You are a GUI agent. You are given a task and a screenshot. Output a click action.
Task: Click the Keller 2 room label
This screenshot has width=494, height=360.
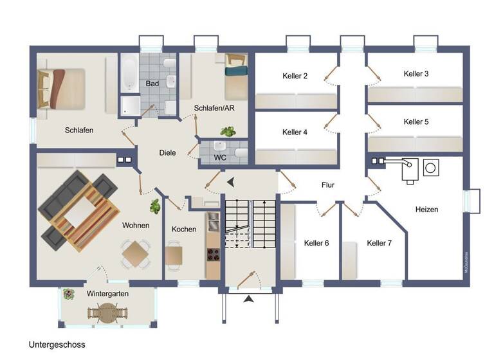pos(295,76)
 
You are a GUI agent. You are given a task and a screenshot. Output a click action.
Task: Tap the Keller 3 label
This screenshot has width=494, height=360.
pos(416,74)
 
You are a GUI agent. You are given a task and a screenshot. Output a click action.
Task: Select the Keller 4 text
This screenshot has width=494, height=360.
pos(295,132)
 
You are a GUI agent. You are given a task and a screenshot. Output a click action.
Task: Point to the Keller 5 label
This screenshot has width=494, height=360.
pos(416,122)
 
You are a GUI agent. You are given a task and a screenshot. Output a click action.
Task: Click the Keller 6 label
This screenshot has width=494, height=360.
pos(316,243)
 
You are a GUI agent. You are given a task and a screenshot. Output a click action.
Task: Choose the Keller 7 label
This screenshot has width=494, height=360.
pos(379,243)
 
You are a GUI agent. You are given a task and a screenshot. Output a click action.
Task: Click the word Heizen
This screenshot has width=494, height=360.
pos(426,210)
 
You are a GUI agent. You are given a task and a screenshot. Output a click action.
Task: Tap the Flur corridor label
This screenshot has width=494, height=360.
pos(328,185)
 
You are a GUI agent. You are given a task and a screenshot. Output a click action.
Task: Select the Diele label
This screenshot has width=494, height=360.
pos(169,153)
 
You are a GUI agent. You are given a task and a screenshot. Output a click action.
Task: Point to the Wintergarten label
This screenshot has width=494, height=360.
pos(107,294)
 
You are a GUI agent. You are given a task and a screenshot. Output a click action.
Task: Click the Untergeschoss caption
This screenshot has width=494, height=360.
pos(57,345)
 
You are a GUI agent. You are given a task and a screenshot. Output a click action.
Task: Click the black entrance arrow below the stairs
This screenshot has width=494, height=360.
pos(250,298)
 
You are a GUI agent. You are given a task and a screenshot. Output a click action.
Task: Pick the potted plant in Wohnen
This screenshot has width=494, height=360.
pos(154,206)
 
